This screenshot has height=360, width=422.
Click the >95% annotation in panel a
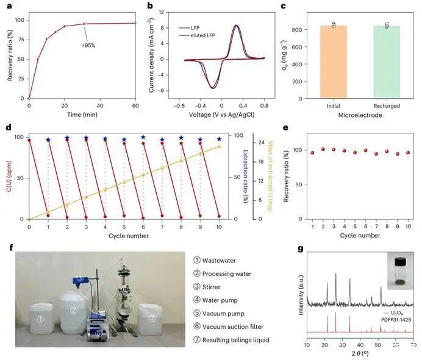[x=91, y=44]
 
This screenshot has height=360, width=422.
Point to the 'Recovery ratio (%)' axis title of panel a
[x=8, y=54]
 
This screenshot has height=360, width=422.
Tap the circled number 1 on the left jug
[x=40, y=319]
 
